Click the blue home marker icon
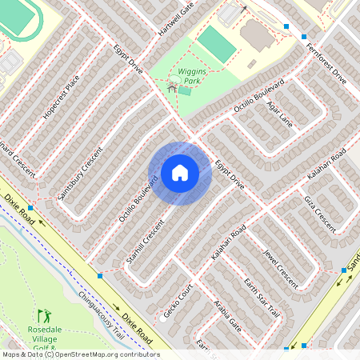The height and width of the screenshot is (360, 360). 180,172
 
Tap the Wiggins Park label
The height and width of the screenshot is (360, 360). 191,75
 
